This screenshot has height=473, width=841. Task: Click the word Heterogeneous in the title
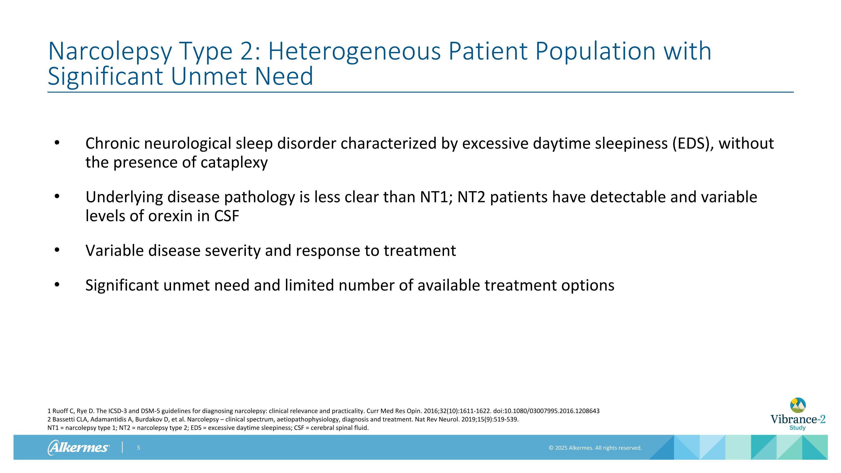[355, 52]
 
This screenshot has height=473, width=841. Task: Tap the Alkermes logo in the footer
[78, 447]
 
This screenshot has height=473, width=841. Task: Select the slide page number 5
[138, 448]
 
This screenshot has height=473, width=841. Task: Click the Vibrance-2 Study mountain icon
[798, 405]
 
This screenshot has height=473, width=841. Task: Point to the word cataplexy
[234, 163]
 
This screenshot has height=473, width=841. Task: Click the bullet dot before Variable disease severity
[57, 250]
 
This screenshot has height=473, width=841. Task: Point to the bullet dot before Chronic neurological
[57, 143]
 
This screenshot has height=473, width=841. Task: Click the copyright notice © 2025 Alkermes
[595, 448]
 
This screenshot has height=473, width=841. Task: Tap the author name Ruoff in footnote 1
[60, 411]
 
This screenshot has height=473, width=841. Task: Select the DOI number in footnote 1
[552, 411]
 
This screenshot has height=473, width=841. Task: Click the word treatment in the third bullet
[420, 251]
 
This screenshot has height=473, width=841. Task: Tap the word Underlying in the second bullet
[124, 197]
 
